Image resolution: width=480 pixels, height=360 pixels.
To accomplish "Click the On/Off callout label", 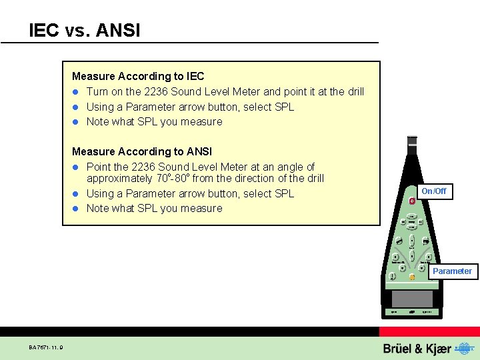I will pyautogui.click(x=434, y=191).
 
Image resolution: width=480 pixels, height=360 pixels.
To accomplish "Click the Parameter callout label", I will pyautogui.click(x=452, y=271).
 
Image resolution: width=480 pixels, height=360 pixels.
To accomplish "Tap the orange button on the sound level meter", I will pyautogui.click(x=412, y=277).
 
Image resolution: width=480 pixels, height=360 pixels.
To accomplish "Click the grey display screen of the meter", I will pyautogui.click(x=412, y=298).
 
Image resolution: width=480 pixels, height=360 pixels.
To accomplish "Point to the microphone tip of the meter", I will pyautogui.click(x=412, y=141).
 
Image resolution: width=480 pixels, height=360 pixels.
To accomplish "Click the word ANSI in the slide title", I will pyautogui.click(x=119, y=30).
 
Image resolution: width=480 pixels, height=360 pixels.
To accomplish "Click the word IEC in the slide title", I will pyautogui.click(x=44, y=30).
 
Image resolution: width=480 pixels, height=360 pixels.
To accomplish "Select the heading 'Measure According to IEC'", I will pyautogui.click(x=138, y=77).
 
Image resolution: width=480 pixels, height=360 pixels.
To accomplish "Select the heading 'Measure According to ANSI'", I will pyautogui.click(x=141, y=151).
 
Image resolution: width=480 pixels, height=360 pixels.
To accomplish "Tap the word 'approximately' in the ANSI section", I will pyautogui.click(x=119, y=179).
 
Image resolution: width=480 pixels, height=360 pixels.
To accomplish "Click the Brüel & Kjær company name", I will pyautogui.click(x=417, y=349).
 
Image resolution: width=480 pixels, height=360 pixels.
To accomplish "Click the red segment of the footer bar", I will pyautogui.click(x=429, y=331).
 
